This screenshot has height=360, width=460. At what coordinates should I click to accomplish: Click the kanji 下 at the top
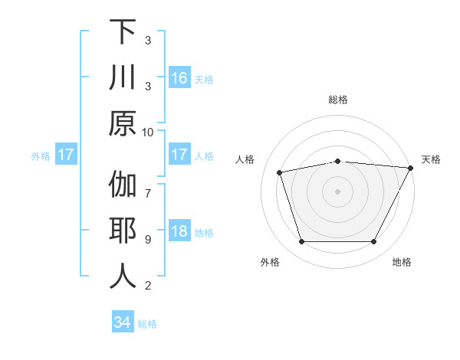123,32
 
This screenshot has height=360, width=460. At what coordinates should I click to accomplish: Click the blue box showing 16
179,78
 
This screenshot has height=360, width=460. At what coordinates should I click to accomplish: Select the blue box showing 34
122,323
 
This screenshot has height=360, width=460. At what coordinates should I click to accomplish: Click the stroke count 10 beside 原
148,132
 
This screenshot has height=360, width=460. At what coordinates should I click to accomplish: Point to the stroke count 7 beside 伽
148,185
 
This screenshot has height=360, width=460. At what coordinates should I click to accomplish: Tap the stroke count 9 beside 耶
148,239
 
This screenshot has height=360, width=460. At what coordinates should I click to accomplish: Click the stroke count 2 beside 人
148,286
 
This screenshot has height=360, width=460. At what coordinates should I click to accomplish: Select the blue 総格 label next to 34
147,324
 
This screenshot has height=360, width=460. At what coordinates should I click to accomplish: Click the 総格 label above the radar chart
338,100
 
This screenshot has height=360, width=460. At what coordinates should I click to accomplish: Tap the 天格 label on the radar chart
432,159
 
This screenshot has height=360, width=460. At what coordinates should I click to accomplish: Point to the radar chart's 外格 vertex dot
301,242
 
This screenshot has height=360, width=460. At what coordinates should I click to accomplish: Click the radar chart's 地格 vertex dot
374,242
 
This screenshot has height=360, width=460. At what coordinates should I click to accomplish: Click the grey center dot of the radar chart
338,191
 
